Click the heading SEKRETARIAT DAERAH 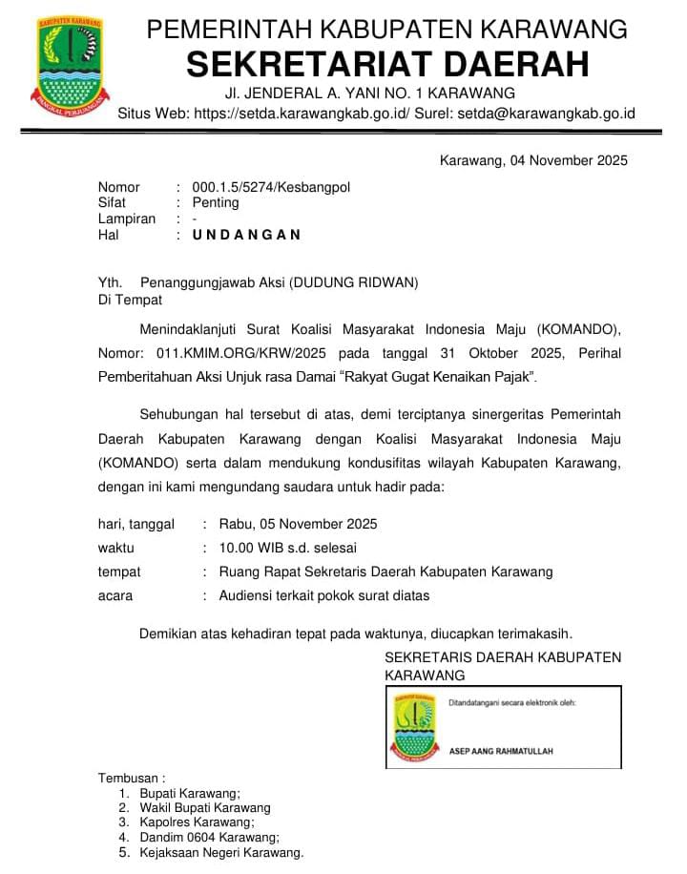pyautogui.click(x=386, y=64)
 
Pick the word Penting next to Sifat pyautogui.click(x=216, y=203)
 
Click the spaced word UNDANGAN pyautogui.click(x=246, y=235)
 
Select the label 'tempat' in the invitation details pyautogui.click(x=119, y=572)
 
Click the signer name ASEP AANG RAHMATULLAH pyautogui.click(x=501, y=751)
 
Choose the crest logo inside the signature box pyautogui.click(x=414, y=726)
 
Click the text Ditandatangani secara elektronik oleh pyautogui.click(x=512, y=703)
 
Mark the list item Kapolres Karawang pyautogui.click(x=197, y=822)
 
